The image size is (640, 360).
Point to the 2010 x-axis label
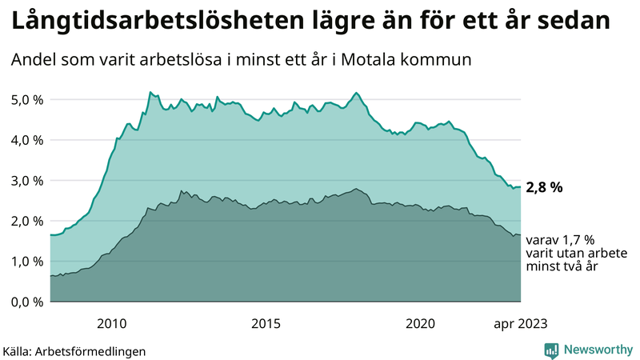click(112, 324)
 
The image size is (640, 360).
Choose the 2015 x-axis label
click(266, 324)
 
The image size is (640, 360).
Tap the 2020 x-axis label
click(421, 324)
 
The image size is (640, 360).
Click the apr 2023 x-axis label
click(521, 324)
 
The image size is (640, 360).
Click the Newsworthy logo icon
click(551, 350)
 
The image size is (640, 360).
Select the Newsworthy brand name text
click(597, 350)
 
